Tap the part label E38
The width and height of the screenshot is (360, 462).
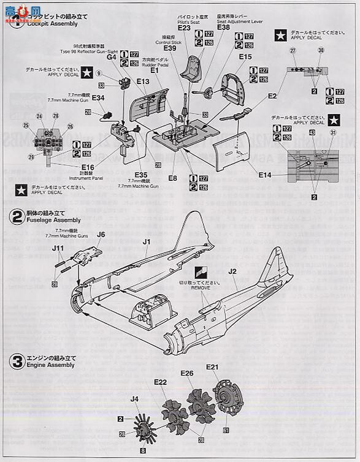pyautogui.click(x=223, y=27)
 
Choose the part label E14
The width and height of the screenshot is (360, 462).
pyautogui.click(x=265, y=175)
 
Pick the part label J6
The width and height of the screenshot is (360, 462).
pyautogui.click(x=101, y=233)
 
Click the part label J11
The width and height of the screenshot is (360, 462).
pyautogui.click(x=58, y=248)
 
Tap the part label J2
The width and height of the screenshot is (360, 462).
pyautogui.click(x=232, y=270)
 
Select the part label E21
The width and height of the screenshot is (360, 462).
pyautogui.click(x=213, y=367)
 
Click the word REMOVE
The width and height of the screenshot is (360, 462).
pyautogui.click(x=201, y=287)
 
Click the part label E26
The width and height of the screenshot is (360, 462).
pyautogui.click(x=187, y=373)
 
